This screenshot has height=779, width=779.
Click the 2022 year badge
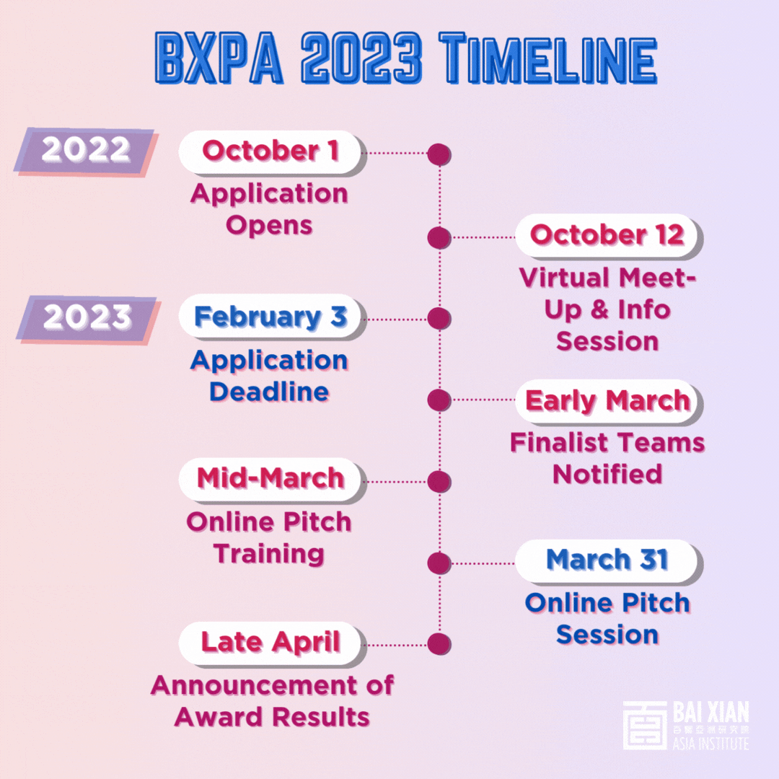click(85, 151)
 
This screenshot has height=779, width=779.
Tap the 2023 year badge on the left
click(87, 319)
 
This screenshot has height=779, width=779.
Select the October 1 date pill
click(271, 152)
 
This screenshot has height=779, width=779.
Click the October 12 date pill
click(608, 236)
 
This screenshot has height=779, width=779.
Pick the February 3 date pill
click(271, 317)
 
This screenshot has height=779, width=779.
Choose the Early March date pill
click(608, 402)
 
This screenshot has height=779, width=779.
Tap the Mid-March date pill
click(271, 480)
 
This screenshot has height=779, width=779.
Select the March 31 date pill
click(608, 561)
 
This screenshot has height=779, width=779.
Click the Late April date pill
click(271, 643)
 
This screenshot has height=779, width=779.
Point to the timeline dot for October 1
click(439, 154)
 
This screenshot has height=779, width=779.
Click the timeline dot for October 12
click(439, 237)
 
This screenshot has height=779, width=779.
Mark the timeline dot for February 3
click(439, 319)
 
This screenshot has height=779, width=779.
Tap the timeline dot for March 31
click(439, 563)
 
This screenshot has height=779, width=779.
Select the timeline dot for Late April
click(439, 644)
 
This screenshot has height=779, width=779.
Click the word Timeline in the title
click(548, 58)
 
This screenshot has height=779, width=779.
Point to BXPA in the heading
click(219, 58)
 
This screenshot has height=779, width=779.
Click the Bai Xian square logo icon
click(645, 725)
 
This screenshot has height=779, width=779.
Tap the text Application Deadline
click(269, 376)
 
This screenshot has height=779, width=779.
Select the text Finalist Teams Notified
click(607, 458)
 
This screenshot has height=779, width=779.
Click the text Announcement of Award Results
click(272, 701)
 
